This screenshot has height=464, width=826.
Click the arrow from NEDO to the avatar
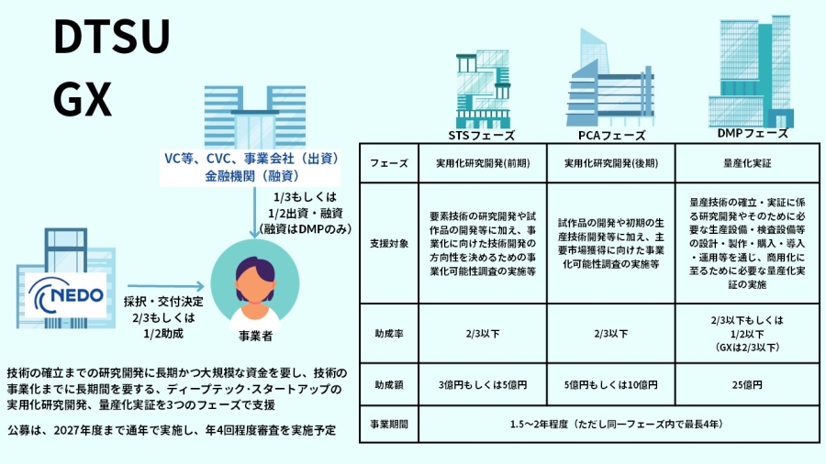click(x=164, y=286)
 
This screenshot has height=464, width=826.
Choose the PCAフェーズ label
click(x=612, y=135)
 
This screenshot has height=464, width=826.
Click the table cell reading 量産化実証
click(x=747, y=163)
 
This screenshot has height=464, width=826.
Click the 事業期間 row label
click(x=387, y=425)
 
